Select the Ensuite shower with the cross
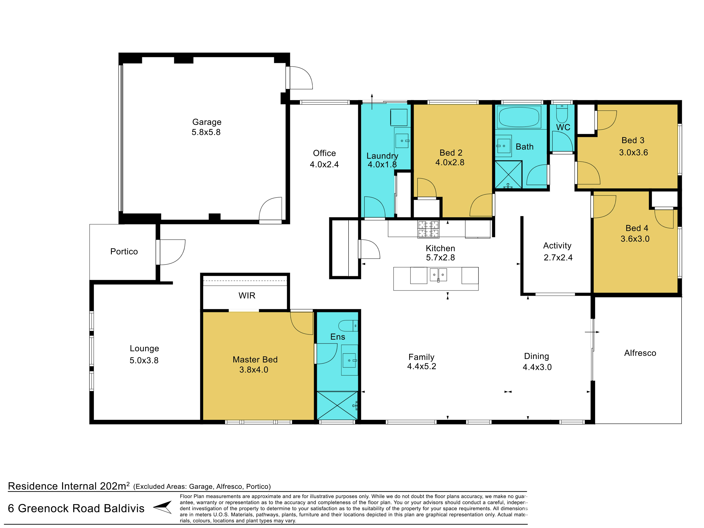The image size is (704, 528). (337, 406)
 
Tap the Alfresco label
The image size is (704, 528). (640, 353)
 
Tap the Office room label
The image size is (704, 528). (324, 153)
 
